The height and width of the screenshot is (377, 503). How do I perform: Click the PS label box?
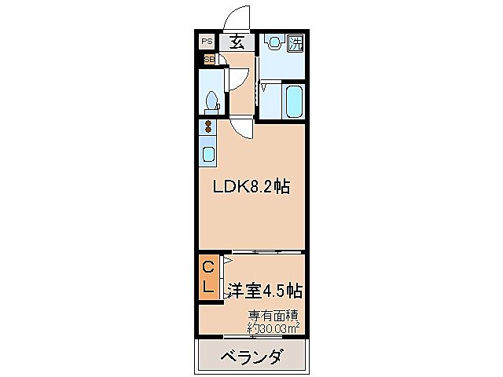(x=207, y=42)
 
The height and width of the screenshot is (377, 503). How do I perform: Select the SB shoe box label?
(x=209, y=59)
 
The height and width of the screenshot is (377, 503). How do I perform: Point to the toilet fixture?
(x=211, y=101)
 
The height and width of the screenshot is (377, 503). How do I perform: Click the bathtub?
(x=294, y=101)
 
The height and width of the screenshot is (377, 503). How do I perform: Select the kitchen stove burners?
(x=208, y=127)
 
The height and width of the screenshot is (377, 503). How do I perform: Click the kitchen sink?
(x=208, y=153)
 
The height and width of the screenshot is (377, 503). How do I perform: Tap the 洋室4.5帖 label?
(x=264, y=291)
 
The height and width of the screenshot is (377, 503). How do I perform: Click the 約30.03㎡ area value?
(x=273, y=328)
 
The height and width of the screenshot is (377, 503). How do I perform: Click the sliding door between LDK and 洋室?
(x=264, y=252)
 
